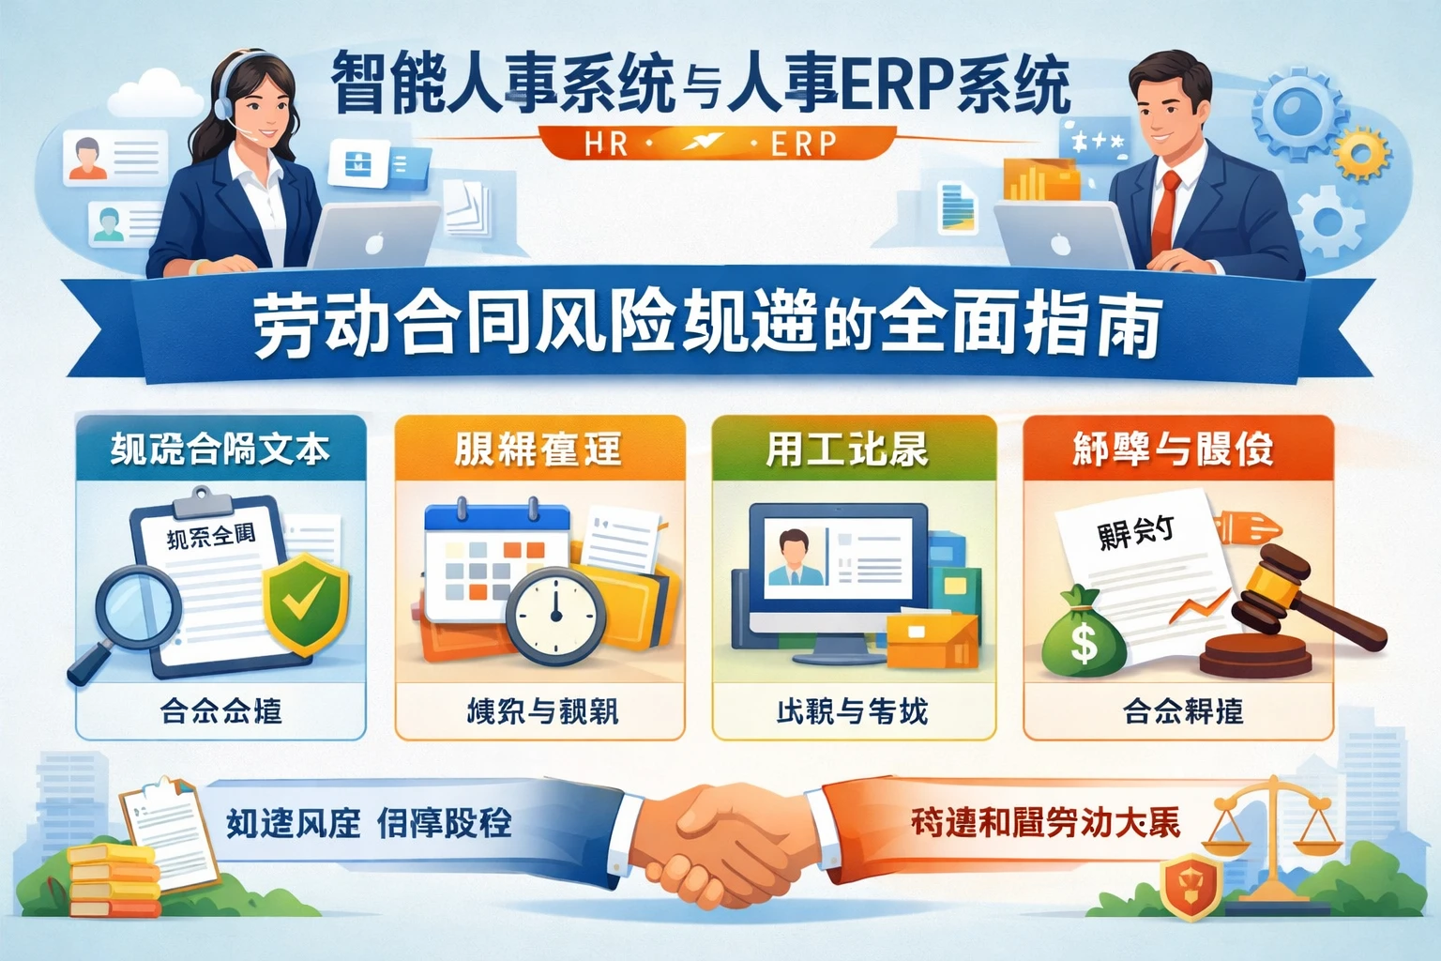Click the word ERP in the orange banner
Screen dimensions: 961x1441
point(803,144)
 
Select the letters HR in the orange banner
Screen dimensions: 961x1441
point(606,144)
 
